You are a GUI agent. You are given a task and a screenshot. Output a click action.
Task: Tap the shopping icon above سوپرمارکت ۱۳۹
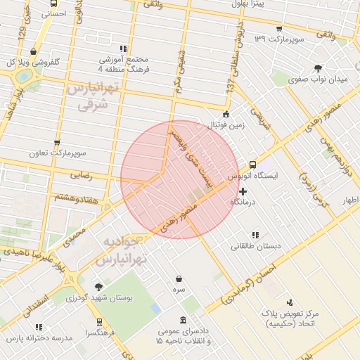point(279,29)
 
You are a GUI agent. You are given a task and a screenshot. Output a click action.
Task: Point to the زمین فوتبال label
point(225,125)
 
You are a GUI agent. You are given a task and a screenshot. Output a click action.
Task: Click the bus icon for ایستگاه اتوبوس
point(252,165)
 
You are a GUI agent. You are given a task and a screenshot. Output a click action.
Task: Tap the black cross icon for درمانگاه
point(243,191)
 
